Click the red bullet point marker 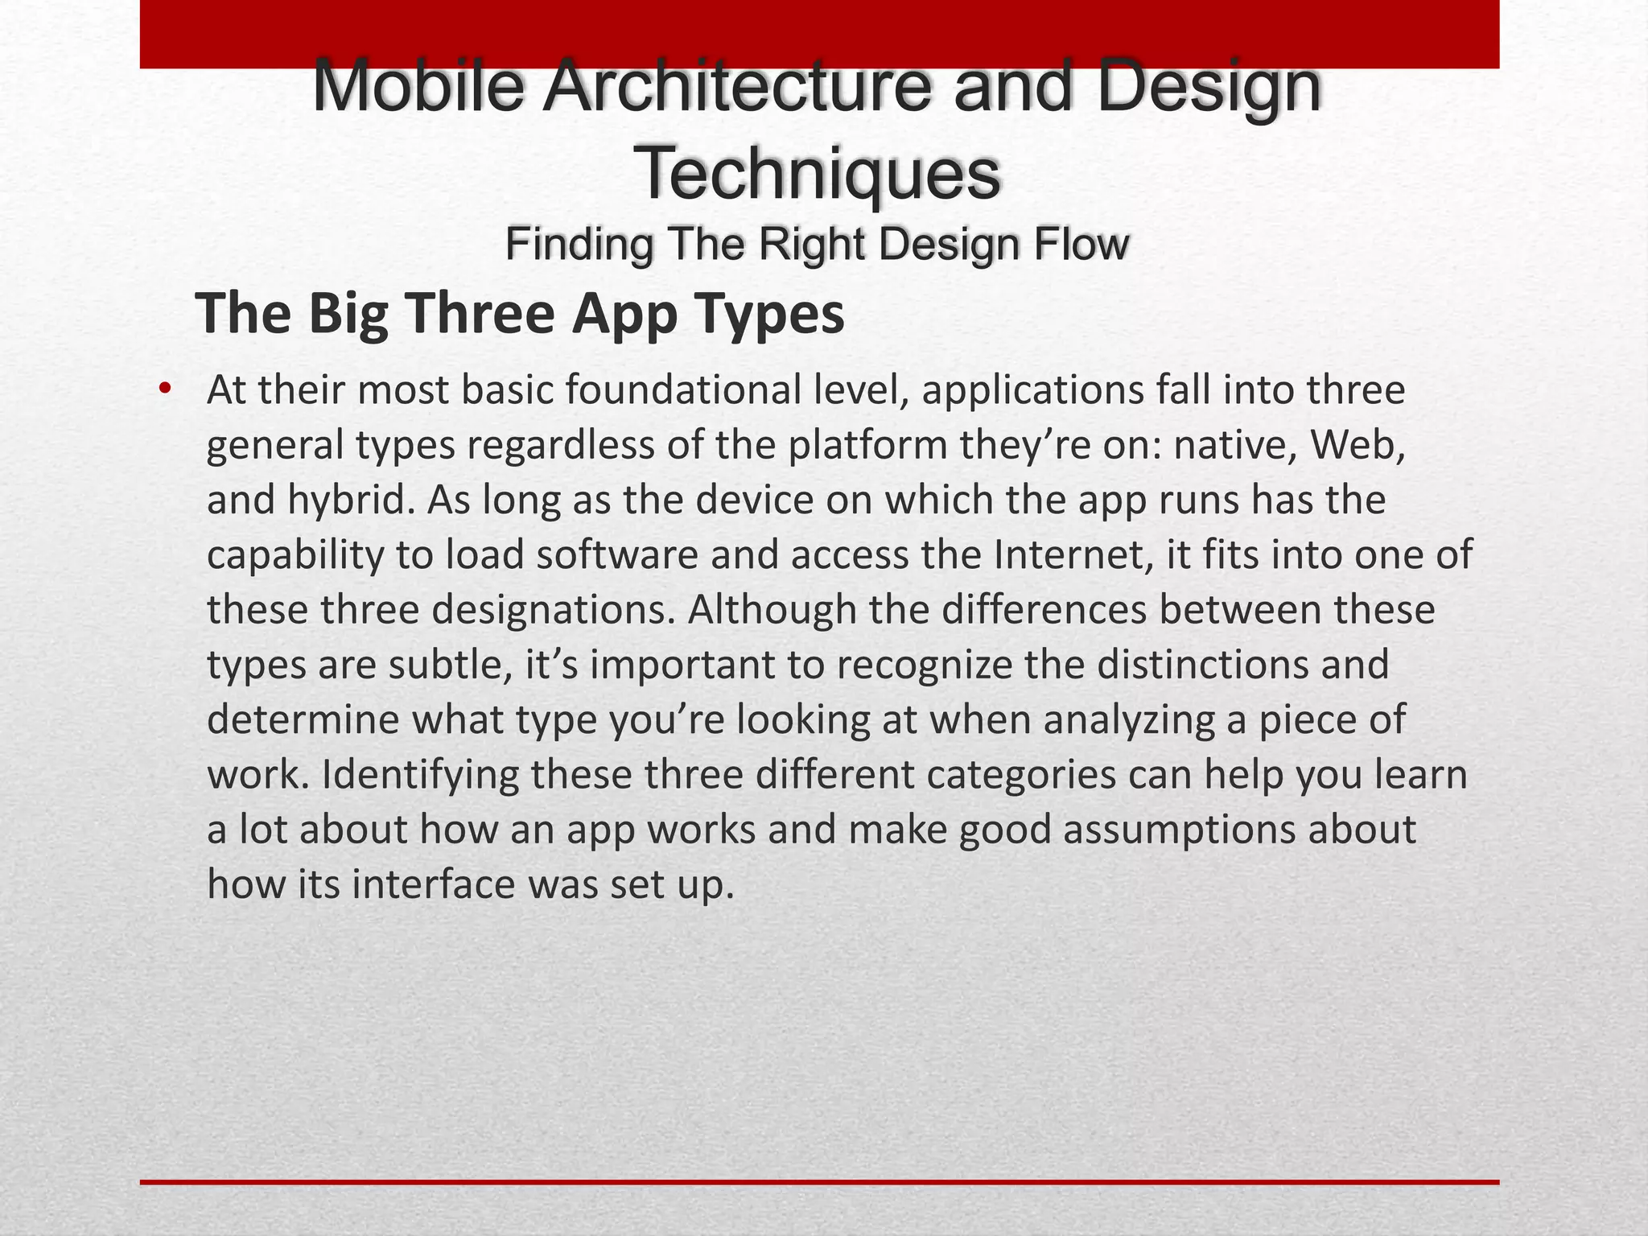click(165, 389)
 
